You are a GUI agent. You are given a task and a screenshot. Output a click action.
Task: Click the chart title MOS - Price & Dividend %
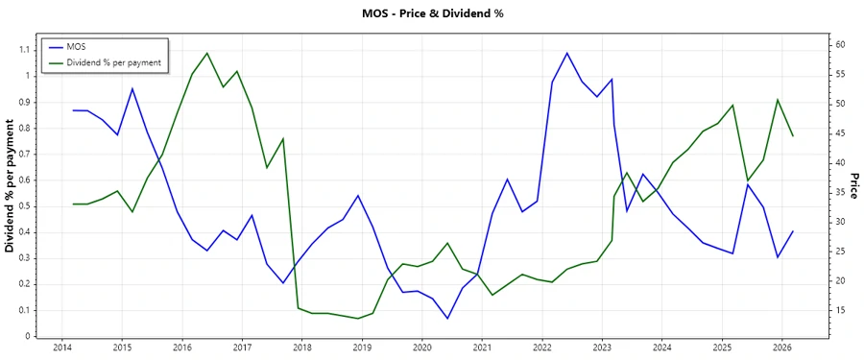click(432, 13)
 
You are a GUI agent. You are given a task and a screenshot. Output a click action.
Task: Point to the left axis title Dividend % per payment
click(11, 186)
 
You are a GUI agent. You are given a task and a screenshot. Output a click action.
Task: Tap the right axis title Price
click(853, 186)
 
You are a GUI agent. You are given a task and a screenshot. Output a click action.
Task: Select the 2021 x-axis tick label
click(482, 348)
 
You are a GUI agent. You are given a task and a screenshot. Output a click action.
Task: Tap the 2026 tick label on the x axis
click(781, 348)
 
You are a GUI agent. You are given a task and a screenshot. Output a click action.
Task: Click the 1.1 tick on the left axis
click(22, 50)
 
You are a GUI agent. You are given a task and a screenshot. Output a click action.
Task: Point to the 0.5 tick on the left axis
click(22, 206)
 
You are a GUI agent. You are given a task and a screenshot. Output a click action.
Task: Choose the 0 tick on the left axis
click(27, 336)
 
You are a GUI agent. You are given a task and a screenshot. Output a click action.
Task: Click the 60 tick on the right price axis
click(840, 45)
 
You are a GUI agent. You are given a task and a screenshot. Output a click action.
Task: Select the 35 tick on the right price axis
click(840, 193)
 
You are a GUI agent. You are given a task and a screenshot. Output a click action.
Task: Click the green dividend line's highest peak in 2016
click(207, 53)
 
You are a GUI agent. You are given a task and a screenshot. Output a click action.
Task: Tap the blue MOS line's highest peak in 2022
click(566, 53)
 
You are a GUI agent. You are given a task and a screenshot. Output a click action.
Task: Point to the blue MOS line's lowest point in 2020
click(447, 319)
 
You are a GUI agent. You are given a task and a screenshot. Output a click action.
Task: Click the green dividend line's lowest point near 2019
click(358, 319)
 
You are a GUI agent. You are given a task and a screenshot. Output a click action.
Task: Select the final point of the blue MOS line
click(793, 230)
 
